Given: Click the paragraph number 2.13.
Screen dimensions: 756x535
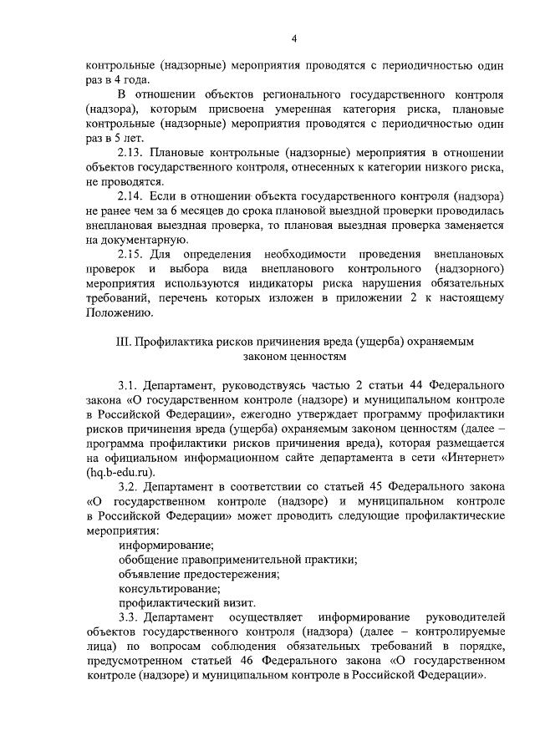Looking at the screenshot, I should tap(132, 153).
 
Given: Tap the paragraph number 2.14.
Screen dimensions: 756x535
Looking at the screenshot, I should tap(132, 195).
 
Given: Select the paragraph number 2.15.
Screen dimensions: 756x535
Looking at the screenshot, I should tap(132, 252).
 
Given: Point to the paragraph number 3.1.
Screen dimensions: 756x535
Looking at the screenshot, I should tap(129, 386).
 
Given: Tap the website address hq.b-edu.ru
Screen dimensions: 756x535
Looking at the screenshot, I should tap(124, 471).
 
